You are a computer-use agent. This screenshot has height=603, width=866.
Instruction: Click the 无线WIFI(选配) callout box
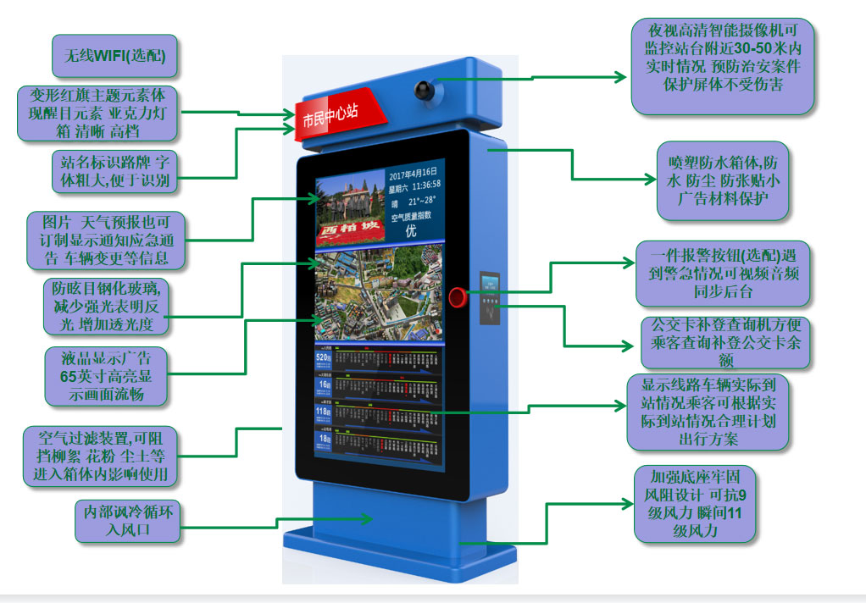coord(114,57)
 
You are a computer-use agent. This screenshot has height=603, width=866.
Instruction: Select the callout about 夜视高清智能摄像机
coord(723,65)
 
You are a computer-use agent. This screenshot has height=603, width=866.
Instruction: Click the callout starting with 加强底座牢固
coord(694,504)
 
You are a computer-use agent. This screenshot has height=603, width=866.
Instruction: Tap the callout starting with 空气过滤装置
coord(101,456)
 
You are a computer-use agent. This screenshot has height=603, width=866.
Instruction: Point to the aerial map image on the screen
coord(379,297)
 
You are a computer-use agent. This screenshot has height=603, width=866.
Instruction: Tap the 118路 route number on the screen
coord(323,412)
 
